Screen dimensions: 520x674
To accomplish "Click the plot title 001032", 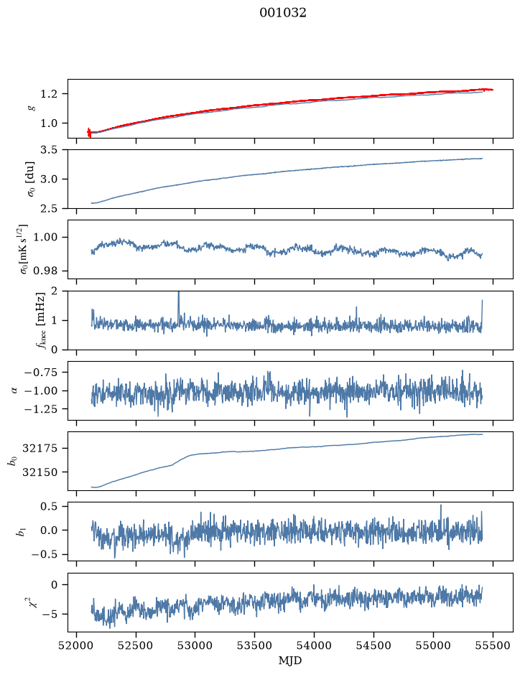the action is pos(282,13).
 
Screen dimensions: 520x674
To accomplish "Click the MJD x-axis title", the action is pos(290,660).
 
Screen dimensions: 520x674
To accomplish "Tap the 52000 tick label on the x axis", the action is pos(77,645).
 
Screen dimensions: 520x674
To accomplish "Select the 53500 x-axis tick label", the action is pos(255,645).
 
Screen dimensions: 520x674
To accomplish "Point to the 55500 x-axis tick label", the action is pos(493,645).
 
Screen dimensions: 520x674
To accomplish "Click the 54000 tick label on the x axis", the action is pos(314,645).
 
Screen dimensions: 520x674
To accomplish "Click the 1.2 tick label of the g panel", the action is pos(49,94).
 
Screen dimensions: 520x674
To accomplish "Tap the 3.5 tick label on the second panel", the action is pos(49,150).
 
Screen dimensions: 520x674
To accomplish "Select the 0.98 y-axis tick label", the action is pos(45,271).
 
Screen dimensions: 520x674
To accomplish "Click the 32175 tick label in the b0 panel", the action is pos(40,449).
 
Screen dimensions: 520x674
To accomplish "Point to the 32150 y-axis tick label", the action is pos(40,472).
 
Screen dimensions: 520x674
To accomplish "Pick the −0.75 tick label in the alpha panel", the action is pos(42,373).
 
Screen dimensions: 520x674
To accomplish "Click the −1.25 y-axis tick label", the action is pos(42,409).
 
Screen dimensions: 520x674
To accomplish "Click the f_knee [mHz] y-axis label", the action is pos(40,320).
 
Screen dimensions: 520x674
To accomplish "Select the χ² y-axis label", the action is pos(33,602).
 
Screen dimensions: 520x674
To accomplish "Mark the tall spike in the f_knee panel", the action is pos(179,307).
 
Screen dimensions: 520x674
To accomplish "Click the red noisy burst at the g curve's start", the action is pos(89,132).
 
